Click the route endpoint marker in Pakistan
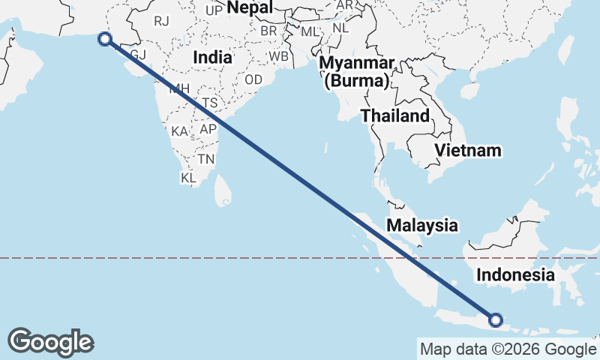105,39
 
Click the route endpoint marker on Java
496,320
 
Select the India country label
212,57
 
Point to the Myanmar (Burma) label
355,70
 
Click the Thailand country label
395,115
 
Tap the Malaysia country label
421,225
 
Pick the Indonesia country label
515,275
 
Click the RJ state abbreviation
162,21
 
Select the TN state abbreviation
206,159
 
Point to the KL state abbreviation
188,178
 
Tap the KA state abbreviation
179,131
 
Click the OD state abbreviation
253,79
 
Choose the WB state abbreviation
279,57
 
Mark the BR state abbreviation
268,31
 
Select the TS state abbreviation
209,103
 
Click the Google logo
51,342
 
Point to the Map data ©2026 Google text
508,349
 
